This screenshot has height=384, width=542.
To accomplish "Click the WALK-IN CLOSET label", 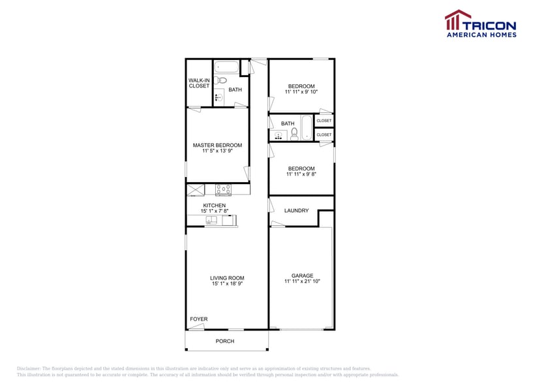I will pyautogui.click(x=199, y=84).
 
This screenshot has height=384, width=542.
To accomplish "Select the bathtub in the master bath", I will pyautogui.click(x=226, y=67).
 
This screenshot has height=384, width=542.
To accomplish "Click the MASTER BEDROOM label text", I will pyautogui.click(x=217, y=145).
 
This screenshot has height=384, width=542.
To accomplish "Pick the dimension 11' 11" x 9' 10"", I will pyautogui.click(x=301, y=92).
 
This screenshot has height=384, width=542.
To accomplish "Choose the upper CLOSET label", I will pyautogui.click(x=324, y=121).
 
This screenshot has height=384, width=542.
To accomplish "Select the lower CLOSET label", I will pyautogui.click(x=324, y=135).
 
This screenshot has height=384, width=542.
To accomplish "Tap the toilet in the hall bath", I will pyautogui.click(x=294, y=135).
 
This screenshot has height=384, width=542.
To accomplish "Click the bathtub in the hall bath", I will pyautogui.click(x=306, y=127).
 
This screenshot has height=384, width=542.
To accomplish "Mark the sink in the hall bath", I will pyautogui.click(x=279, y=136).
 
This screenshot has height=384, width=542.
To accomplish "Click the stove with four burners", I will pyautogui.click(x=224, y=190).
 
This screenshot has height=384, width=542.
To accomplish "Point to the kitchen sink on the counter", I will pyautogui.click(x=212, y=221).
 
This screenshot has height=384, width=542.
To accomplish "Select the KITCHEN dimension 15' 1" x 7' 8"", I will pyautogui.click(x=214, y=211).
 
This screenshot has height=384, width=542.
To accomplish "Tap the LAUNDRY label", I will pyautogui.click(x=296, y=210).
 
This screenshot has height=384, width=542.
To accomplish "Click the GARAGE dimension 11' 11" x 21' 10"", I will pyautogui.click(x=302, y=281).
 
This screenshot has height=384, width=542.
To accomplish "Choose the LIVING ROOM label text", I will pyautogui.click(x=227, y=278).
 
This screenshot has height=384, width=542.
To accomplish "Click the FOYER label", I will pyautogui.click(x=198, y=319).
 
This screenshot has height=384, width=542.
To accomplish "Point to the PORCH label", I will pyautogui.click(x=225, y=341).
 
